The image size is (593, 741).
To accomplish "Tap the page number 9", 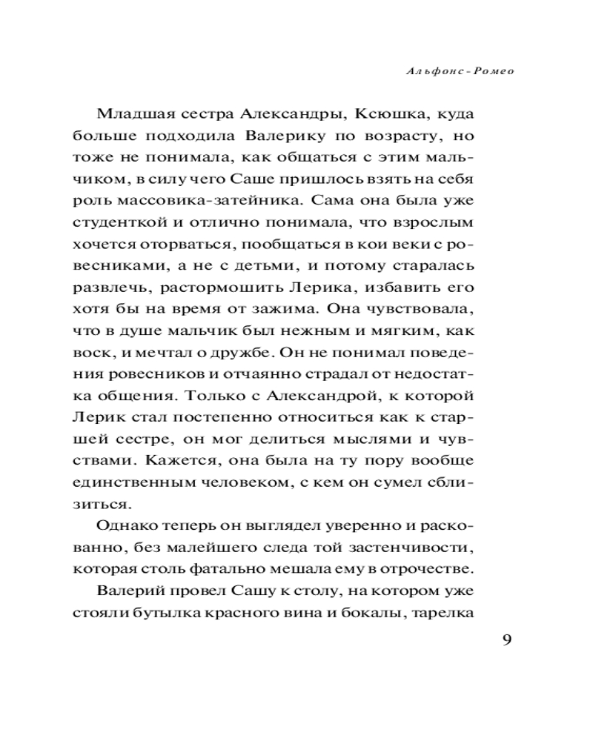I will tap(507, 642).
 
